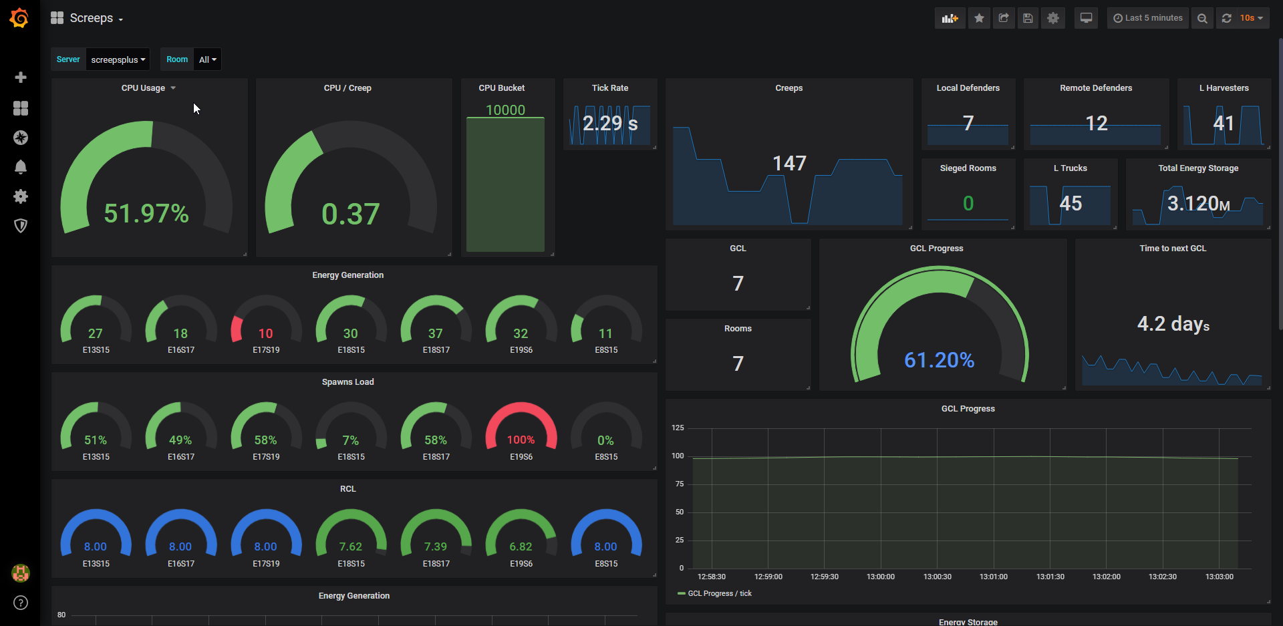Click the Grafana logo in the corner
[x=19, y=18]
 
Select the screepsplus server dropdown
[x=118, y=59]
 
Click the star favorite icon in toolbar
[x=979, y=18]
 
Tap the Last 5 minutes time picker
[x=1148, y=18]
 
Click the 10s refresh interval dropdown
[x=1251, y=18]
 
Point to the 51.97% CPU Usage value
[x=146, y=214]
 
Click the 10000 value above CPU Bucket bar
[x=505, y=110]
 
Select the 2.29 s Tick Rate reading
[x=610, y=124]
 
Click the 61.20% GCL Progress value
[x=939, y=360]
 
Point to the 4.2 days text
[x=1173, y=324]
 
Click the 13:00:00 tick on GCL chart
[x=880, y=577]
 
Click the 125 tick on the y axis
[x=678, y=428]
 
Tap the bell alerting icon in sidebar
[x=21, y=167]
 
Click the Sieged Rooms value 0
[x=968, y=203]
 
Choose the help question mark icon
[x=21, y=603]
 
